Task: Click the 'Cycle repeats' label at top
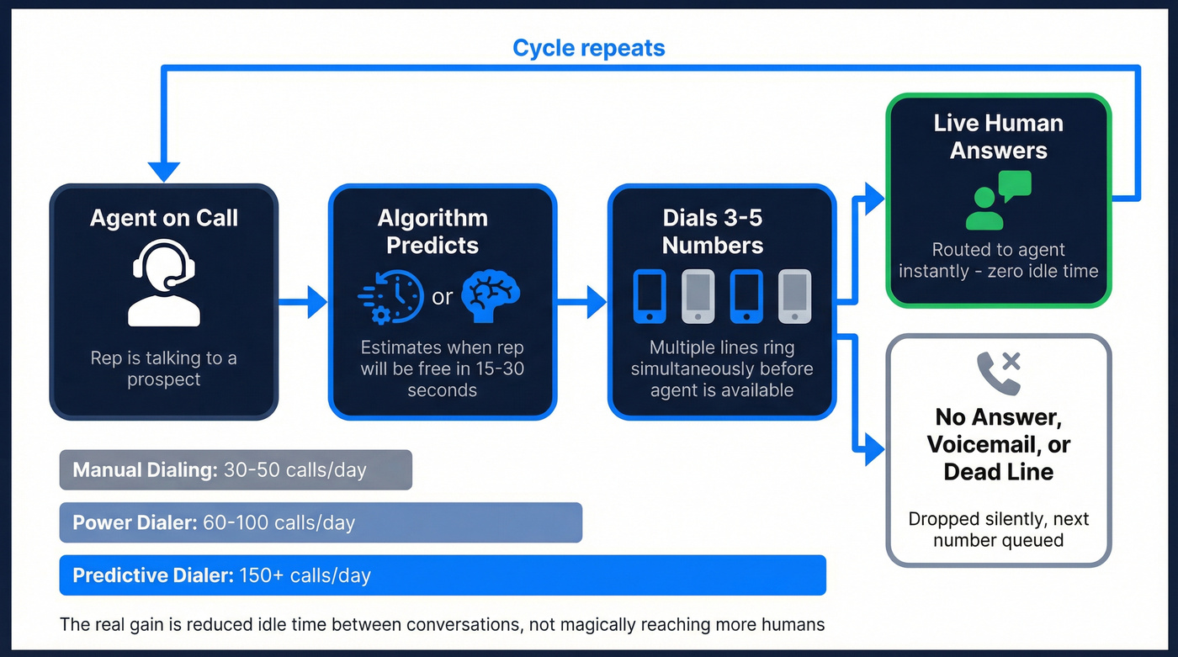click(588, 48)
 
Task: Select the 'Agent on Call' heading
click(164, 218)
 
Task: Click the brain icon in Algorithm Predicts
click(491, 295)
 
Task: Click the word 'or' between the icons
click(443, 296)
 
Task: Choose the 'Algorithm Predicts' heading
click(432, 231)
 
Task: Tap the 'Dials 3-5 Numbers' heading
click(712, 231)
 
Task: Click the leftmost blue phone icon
click(649, 296)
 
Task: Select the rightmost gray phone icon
click(794, 296)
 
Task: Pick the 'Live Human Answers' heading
click(998, 136)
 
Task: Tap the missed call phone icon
click(998, 373)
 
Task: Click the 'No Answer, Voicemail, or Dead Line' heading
click(998, 444)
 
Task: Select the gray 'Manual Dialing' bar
click(236, 469)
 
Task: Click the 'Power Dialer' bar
click(321, 522)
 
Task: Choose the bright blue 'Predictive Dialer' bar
click(443, 575)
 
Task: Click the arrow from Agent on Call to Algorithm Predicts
click(303, 301)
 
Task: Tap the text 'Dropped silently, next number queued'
click(998, 529)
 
